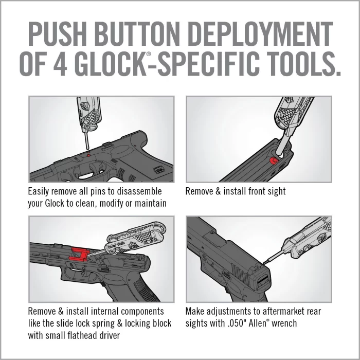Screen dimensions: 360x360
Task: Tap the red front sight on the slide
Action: (x=273, y=161)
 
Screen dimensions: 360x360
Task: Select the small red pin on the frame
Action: (x=88, y=153)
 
